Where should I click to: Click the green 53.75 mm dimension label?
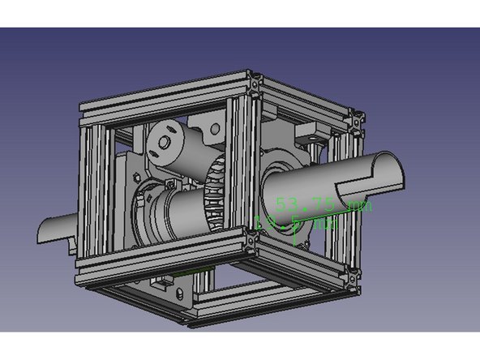[x=322, y=204]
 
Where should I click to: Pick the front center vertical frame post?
[x=240, y=170]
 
